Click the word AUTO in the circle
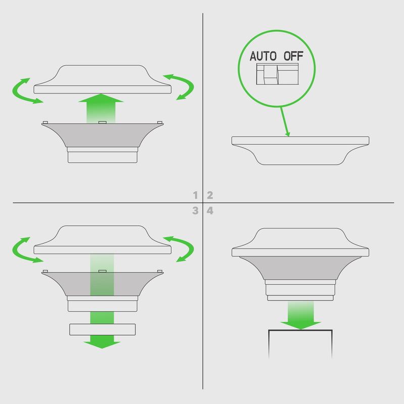pyautogui.click(x=263, y=56)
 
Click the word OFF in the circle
pyautogui.click(x=293, y=56)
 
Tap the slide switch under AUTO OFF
pyautogui.click(x=277, y=74)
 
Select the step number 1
pyautogui.click(x=195, y=195)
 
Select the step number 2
pyautogui.click(x=210, y=195)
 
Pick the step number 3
pyautogui.click(x=195, y=211)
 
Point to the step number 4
pyautogui.click(x=210, y=211)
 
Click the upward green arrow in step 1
pyautogui.click(x=101, y=108)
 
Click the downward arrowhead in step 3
pyautogui.click(x=102, y=344)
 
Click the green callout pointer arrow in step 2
pyautogui.click(x=285, y=122)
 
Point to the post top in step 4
pyautogui.click(x=300, y=344)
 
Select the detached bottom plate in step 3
pyautogui.click(x=103, y=330)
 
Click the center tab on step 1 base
pyautogui.click(x=103, y=122)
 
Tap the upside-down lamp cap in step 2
pyautogui.click(x=300, y=150)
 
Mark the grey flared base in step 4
pyautogui.click(x=300, y=268)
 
